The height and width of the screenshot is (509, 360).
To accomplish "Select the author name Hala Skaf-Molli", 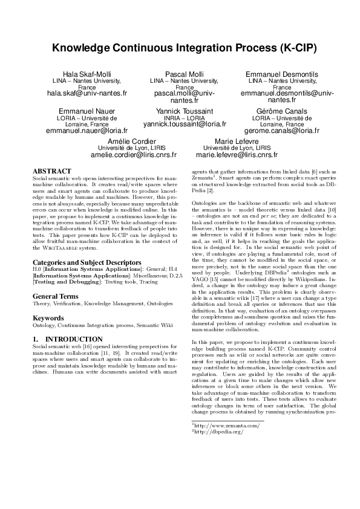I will [87, 74].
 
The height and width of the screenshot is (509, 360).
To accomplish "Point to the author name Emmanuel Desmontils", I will [273, 74].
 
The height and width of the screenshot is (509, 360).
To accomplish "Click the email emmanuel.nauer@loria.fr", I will [87, 131].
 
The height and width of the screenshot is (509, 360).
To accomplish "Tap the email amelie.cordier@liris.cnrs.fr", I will [134, 155].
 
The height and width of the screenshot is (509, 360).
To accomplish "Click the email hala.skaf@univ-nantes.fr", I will [87, 94].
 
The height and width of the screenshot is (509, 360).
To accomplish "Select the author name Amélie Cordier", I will [134, 141].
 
